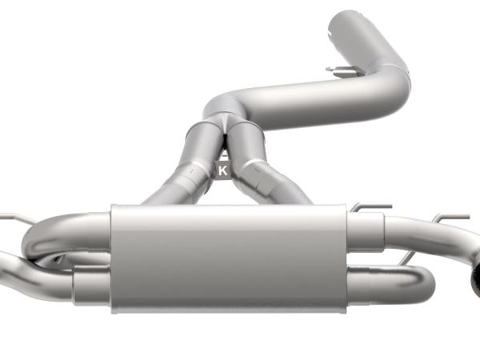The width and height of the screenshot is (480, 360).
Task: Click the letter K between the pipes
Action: pyautogui.click(x=223, y=170)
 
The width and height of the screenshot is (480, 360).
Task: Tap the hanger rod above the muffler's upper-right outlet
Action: pyautogui.click(x=368, y=209)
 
